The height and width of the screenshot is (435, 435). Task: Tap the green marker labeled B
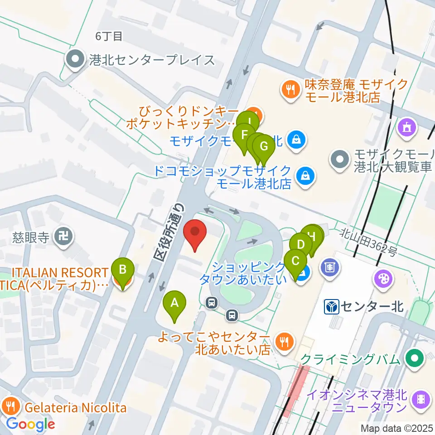(123, 271)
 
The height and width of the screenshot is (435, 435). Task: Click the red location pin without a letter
(195, 232)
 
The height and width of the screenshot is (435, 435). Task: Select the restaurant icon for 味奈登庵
(290, 89)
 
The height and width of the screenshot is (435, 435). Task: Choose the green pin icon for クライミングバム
(415, 359)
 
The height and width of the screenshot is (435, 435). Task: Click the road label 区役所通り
(170, 231)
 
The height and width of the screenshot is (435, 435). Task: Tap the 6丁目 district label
(109, 36)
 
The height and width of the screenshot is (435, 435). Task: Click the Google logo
(30, 425)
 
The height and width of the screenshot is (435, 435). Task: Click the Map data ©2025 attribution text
(397, 428)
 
